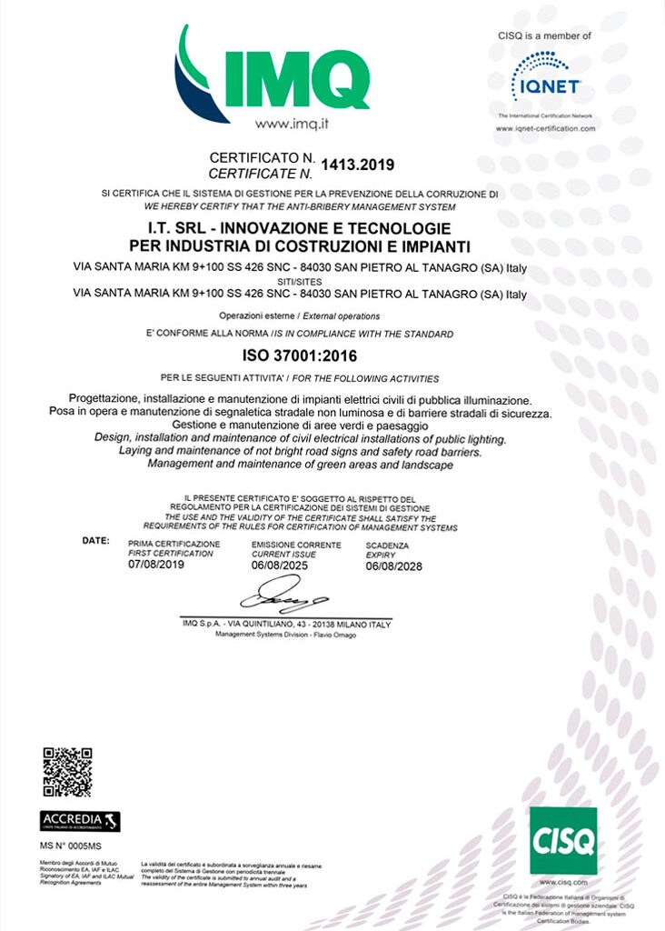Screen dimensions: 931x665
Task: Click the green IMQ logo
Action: pyautogui.click(x=273, y=71)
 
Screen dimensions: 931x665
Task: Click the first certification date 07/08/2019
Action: pyautogui.click(x=158, y=565)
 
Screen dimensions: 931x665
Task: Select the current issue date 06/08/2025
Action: pyautogui.click(x=279, y=565)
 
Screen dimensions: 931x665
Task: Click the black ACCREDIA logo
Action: pyautogui.click(x=81, y=821)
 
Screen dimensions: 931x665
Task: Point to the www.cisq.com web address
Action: pyautogui.click(x=562, y=883)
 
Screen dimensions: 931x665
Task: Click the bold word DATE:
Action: pyautogui.click(x=95, y=540)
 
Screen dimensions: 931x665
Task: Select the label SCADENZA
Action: pyautogui.click(x=387, y=545)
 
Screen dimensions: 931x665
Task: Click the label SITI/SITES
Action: pyautogui.click(x=300, y=281)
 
